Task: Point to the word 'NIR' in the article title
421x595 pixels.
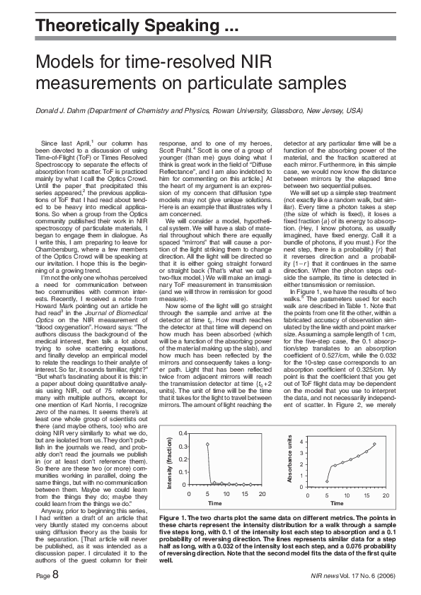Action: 251,61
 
